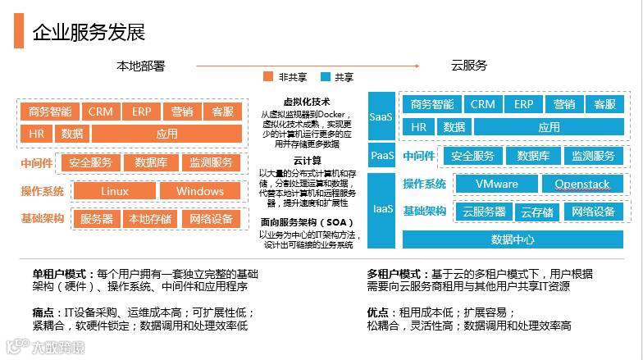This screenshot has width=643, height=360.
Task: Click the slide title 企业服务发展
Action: [89, 32]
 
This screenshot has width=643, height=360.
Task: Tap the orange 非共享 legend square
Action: [267, 77]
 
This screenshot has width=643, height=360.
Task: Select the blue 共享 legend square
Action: [325, 77]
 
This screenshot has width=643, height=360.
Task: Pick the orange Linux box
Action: [115, 191]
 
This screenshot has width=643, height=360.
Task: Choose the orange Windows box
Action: [199, 191]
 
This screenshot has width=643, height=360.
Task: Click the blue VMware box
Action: [496, 184]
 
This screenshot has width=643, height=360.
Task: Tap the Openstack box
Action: [581, 184]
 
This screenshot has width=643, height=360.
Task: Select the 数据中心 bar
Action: [513, 239]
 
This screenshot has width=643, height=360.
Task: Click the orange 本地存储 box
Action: [148, 219]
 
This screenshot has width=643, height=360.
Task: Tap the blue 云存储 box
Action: [537, 212]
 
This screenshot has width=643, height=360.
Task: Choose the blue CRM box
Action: [482, 104]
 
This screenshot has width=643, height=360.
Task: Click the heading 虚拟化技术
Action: [306, 102]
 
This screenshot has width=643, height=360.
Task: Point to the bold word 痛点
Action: [43, 312]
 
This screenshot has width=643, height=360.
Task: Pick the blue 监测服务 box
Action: [592, 156]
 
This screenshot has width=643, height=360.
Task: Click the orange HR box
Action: [36, 133]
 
